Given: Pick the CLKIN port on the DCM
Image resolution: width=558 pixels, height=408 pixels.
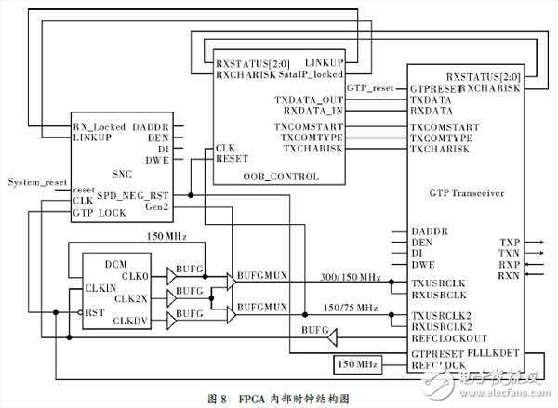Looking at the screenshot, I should [100, 288].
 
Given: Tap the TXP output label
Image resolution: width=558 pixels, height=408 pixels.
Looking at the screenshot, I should [509, 243].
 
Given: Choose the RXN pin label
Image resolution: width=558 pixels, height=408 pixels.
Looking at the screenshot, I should [510, 276].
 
